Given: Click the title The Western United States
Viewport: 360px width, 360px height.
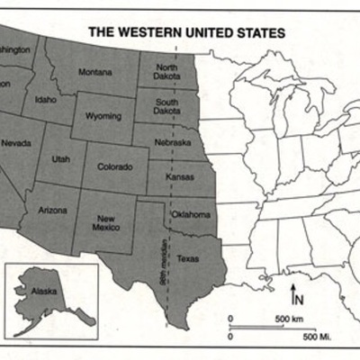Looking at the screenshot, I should pos(186,31).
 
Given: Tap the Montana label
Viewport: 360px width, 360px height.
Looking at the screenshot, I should pos(95,71).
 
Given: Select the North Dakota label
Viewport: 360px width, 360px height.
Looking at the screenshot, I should pos(166,72).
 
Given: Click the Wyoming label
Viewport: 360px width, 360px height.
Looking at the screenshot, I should pos(103,117).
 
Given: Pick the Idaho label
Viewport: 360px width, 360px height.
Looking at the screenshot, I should pos(44,99).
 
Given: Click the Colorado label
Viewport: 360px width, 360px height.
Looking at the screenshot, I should pos(115,166).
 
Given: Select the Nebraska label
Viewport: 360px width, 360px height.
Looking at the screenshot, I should pos(171,142).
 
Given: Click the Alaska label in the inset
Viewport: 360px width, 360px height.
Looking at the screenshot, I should pos(42,292).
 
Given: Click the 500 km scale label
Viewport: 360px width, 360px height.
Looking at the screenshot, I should pos(288,319).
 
